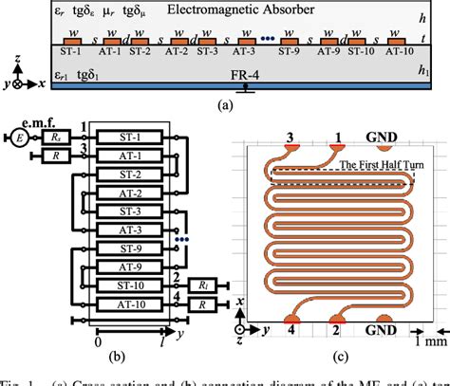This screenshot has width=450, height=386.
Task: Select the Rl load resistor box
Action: [205, 286]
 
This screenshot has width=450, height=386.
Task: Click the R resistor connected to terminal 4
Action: [205, 305]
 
